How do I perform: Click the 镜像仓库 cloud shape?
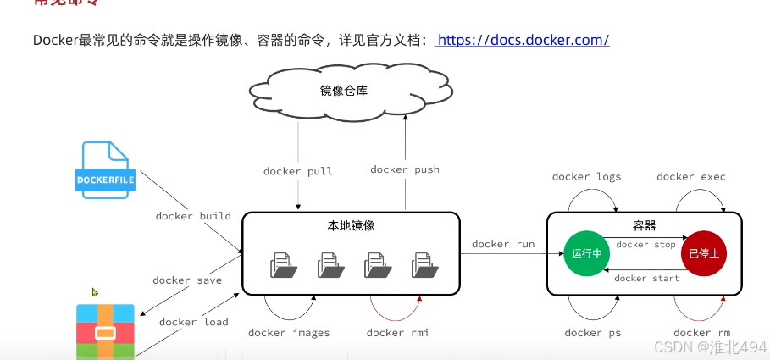[x=344, y=91]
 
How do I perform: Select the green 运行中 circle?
[x=587, y=252]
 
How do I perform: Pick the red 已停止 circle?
[x=705, y=252]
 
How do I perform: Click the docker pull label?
[x=298, y=171]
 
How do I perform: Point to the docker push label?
[x=405, y=169]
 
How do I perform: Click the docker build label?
[x=193, y=216]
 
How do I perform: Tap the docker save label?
[x=187, y=280]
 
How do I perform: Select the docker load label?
[x=193, y=321]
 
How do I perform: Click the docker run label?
[x=503, y=244]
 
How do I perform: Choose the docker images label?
[x=289, y=333]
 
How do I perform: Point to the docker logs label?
[x=586, y=177]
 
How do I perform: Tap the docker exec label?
[x=691, y=177]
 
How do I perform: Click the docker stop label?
[x=645, y=245]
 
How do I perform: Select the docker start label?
[x=646, y=278]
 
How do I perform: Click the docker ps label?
[x=593, y=333]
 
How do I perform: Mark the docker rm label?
[x=701, y=333]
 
